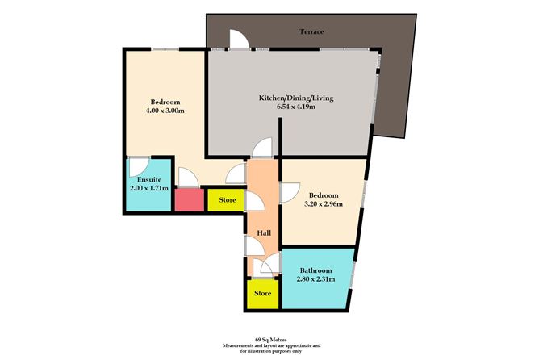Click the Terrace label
pyautogui.click(x=311, y=32)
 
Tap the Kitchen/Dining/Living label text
pyautogui.click(x=295, y=98)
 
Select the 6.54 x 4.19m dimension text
pyautogui.click(x=295, y=107)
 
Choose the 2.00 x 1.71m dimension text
pyautogui.click(x=149, y=187)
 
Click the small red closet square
pyautogui.click(x=187, y=199)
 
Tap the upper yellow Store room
pyautogui.click(x=226, y=199)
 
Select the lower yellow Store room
pyautogui.click(x=261, y=295)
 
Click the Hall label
pyautogui.click(x=263, y=233)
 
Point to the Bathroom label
pyautogui.click(x=315, y=270)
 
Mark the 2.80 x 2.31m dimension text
pyautogui.click(x=315, y=280)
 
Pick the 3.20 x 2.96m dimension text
pyautogui.click(x=322, y=204)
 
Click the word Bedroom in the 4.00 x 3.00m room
pyautogui.click(x=165, y=102)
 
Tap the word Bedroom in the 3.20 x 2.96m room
pyautogui.click(x=322, y=195)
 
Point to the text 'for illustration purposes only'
pyautogui.click(x=269, y=350)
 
